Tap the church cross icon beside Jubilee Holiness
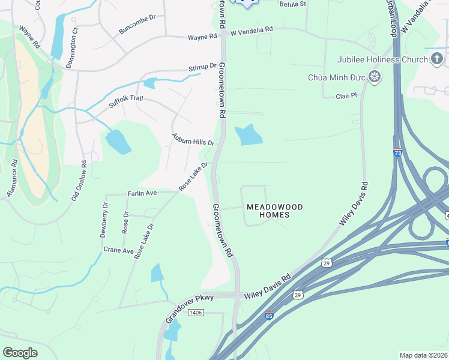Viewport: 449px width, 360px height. tap(437, 59)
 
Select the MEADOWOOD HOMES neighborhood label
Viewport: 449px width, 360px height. tap(275, 211)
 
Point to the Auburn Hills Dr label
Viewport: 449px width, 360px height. tap(193, 140)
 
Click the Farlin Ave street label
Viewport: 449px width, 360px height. tap(142, 193)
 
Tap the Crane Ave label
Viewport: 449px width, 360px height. tap(118, 250)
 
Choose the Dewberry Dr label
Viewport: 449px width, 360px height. tap(105, 221)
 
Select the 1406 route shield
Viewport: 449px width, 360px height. tap(196, 313)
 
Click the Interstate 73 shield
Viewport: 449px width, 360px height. tap(397, 152)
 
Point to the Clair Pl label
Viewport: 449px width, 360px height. tap(346, 95)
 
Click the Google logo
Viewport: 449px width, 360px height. tap(20, 353)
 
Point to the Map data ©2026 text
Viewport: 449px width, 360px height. tap(423, 355)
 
